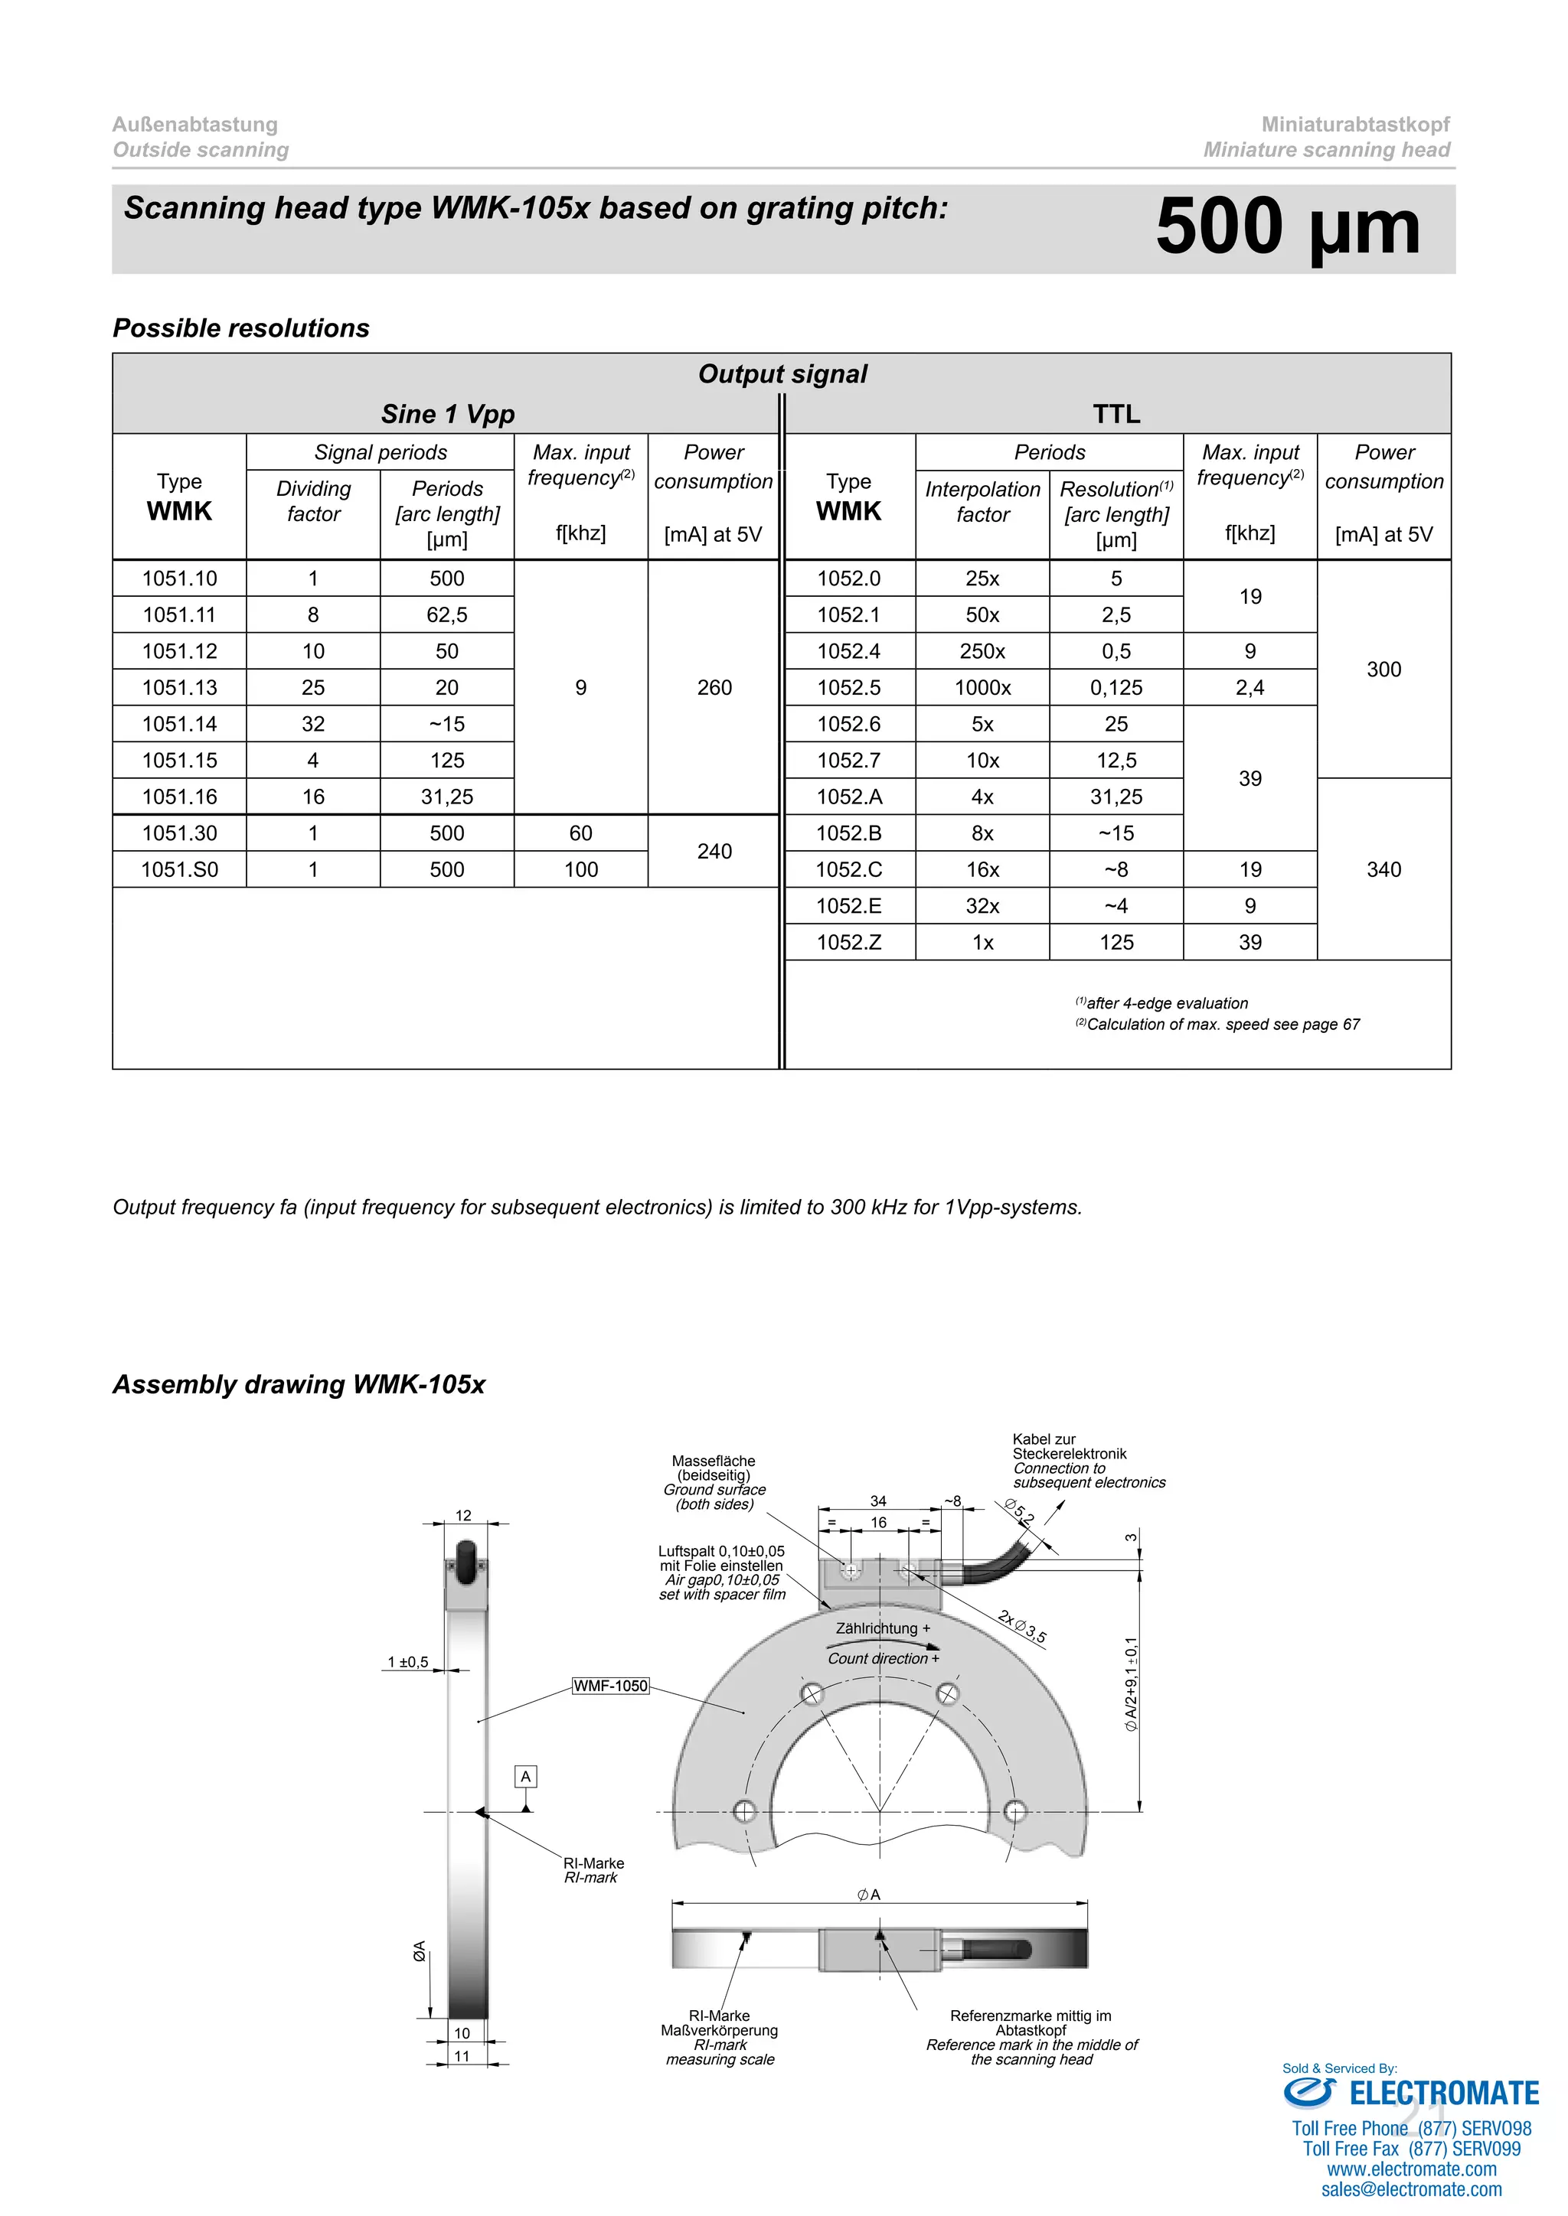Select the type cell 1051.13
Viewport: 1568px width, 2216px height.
pos(180,687)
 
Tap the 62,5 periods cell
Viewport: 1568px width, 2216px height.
pos(447,614)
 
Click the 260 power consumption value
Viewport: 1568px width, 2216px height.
pos(714,687)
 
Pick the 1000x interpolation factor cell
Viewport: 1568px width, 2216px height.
pos(982,687)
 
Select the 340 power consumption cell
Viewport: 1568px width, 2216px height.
pos(1383,869)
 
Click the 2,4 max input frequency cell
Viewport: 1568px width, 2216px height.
pos(1249,687)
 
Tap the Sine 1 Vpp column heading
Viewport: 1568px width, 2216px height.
pos(447,414)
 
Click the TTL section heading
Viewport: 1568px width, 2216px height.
pos(1116,414)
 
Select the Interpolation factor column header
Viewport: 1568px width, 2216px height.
pos(982,502)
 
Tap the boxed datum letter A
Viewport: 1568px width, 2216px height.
pos(525,1777)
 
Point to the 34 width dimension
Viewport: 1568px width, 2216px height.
pos(877,1501)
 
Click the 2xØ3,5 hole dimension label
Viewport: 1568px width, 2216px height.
pos(1022,1626)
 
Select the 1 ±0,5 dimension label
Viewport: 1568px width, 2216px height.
pos(407,1662)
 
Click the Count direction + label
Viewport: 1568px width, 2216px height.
pos(883,1658)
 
